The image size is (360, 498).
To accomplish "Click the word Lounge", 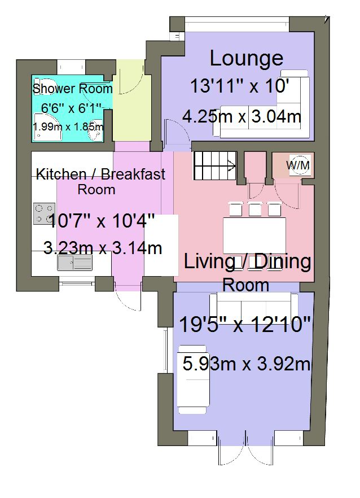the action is click(x=247, y=59).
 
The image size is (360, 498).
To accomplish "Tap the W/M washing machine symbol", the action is click(x=298, y=165).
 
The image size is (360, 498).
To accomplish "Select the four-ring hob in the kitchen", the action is click(x=44, y=214).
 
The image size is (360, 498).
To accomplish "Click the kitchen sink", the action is click(x=74, y=263).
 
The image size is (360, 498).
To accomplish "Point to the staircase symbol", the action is click(x=215, y=165).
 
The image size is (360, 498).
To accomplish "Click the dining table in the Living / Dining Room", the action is click(x=254, y=235).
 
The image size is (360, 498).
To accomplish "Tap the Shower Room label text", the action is click(x=72, y=89).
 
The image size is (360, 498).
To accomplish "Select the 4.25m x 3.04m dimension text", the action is click(x=242, y=116).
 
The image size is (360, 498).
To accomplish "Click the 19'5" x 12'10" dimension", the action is click(x=244, y=325).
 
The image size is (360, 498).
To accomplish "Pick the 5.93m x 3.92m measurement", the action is click(x=247, y=364).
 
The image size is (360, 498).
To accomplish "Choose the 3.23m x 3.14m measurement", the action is click(x=103, y=248).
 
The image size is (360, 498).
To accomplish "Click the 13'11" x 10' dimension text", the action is click(x=240, y=86).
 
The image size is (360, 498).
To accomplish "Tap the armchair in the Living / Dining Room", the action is click(x=194, y=379).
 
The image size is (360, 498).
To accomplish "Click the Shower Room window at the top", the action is click(x=72, y=67).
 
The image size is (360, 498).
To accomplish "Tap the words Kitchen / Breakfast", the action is click(x=100, y=174).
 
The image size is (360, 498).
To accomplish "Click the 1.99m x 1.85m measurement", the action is click(x=68, y=127).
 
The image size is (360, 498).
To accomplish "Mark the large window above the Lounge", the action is click(x=237, y=24).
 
